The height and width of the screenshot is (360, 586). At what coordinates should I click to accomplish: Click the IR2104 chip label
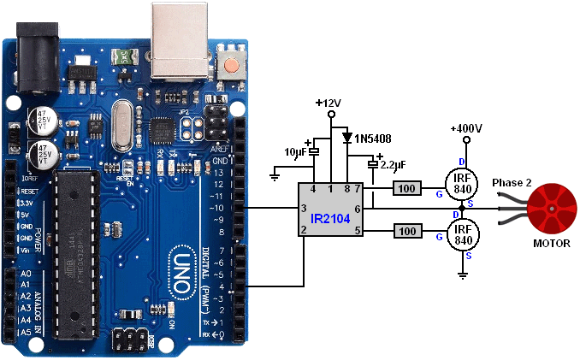pyautogui.click(x=329, y=220)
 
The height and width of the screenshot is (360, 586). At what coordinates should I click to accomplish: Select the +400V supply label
pyautogui.click(x=466, y=128)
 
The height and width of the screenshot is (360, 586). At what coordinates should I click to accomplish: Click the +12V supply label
pyautogui.click(x=328, y=103)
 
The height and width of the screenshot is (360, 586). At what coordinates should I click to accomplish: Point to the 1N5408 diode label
pyautogui.click(x=374, y=137)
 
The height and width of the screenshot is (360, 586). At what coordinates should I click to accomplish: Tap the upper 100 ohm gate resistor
pyautogui.click(x=407, y=188)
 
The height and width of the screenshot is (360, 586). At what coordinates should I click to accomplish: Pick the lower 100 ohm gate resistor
pyautogui.click(x=407, y=230)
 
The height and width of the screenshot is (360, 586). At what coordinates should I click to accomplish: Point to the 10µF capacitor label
pyautogui.click(x=296, y=152)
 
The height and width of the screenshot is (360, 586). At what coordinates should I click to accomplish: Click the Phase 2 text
pyautogui.click(x=512, y=184)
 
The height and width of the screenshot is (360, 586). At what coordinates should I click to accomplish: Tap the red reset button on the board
pyautogui.click(x=230, y=65)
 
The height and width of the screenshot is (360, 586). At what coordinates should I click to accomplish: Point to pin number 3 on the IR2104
pyautogui.click(x=303, y=209)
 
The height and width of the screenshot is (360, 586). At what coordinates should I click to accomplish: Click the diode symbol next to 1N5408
pyautogui.click(x=346, y=137)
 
